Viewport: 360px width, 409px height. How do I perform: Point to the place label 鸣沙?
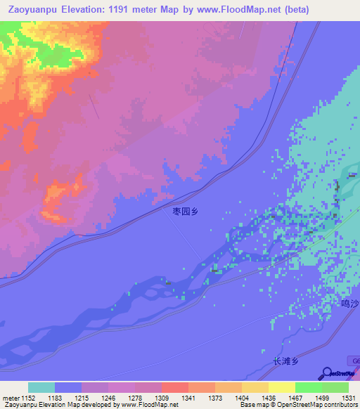tap(349, 304)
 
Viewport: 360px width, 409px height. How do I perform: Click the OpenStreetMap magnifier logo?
tap(327, 374)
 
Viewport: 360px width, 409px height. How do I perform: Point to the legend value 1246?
tap(107, 398)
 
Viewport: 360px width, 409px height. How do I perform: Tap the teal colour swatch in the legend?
tap(41, 387)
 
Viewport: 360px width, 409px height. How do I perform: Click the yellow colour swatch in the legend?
tap(282, 387)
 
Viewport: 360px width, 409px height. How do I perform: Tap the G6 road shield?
tap(354, 360)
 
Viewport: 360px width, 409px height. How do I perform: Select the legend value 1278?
tap(133, 398)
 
